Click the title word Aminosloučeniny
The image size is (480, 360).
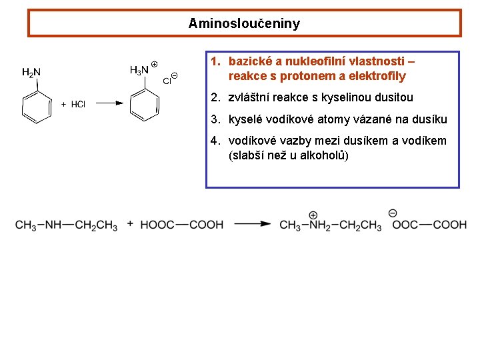pos(244,24)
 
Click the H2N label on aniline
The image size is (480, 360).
pos(31,72)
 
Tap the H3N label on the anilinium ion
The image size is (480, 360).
pos(139,69)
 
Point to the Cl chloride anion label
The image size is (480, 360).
pos(167,81)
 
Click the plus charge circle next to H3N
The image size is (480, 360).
pos(154,64)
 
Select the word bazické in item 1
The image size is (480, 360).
pos(248,61)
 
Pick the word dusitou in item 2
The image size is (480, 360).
pos(394,97)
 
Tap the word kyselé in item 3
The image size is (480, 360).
pos(245,119)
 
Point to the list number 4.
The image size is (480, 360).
pos(214,141)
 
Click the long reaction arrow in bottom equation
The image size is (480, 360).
pos(253,225)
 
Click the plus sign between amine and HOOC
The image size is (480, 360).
pos(129,224)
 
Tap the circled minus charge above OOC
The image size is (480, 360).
pos(393,213)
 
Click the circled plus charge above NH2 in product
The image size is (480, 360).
pos(313,215)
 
